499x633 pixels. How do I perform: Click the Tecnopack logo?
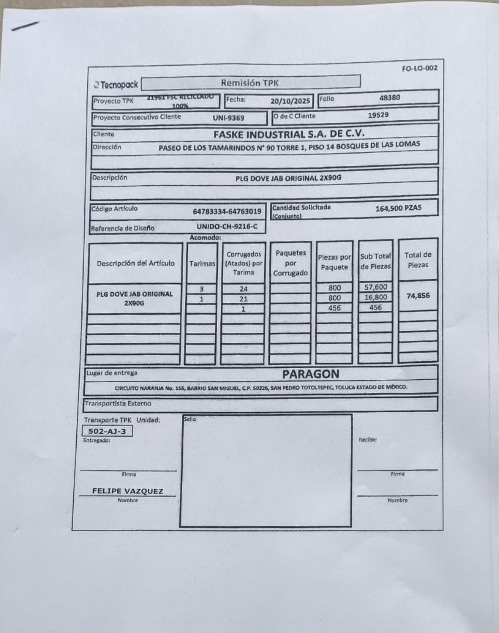click(116, 85)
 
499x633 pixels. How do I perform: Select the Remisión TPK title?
click(250, 83)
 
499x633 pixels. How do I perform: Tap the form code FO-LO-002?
click(419, 68)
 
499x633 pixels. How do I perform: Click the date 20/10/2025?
click(290, 101)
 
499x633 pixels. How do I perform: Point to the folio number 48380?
click(389, 98)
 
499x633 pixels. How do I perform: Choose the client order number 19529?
click(378, 115)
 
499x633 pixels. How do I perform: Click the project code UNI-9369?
click(228, 118)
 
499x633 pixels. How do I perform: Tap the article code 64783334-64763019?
click(227, 212)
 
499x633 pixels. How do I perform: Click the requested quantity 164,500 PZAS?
click(398, 208)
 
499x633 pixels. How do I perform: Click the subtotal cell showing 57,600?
click(375, 287)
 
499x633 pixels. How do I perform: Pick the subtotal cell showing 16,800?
click(375, 297)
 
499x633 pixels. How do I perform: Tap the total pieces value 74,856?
click(418, 295)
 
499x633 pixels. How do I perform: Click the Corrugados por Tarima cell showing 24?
click(243, 288)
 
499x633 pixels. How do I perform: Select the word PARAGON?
click(310, 373)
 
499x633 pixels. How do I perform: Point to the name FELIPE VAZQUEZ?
click(128, 491)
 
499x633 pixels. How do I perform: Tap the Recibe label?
click(367, 439)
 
